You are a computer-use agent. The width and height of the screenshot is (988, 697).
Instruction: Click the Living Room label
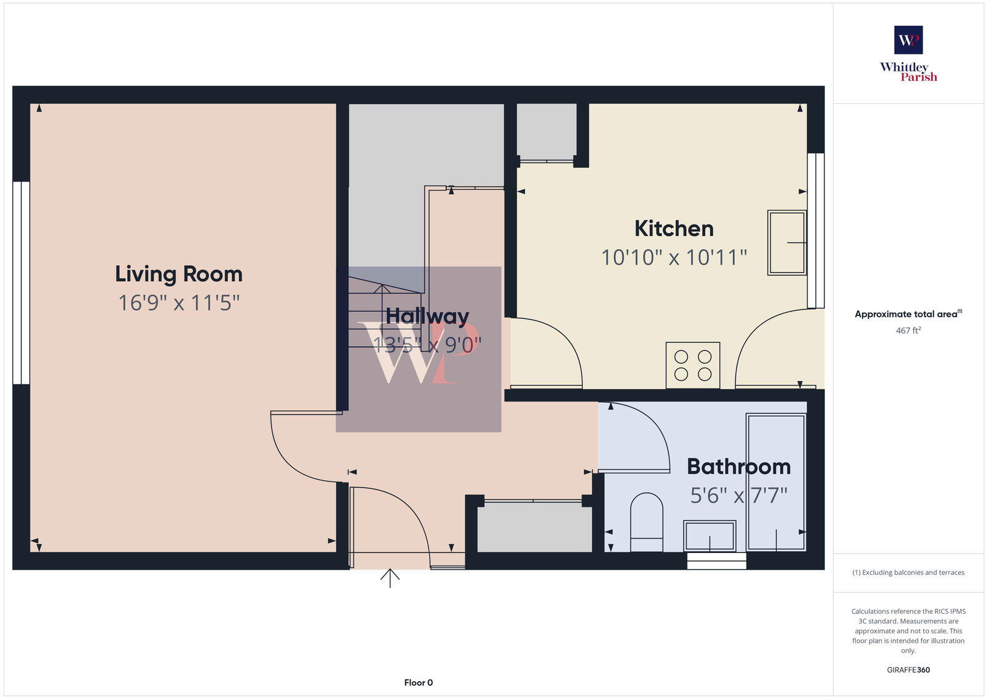[178, 274]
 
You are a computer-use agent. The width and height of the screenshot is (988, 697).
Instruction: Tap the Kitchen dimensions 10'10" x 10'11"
[674, 257]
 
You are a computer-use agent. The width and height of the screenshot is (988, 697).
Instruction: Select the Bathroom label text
[739, 467]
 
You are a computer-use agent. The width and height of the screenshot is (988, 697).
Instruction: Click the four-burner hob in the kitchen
[693, 365]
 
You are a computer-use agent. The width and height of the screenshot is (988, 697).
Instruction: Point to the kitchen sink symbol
[787, 243]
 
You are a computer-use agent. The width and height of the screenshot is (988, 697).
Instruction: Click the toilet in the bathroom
[647, 522]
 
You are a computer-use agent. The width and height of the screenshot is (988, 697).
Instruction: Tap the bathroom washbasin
[710, 535]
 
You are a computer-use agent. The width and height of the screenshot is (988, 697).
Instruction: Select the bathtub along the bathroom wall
[776, 482]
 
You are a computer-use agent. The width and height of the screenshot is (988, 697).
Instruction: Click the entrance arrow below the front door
[390, 578]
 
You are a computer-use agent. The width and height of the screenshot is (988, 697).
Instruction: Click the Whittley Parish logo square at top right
[908, 40]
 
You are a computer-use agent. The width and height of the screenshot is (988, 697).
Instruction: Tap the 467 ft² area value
[908, 331]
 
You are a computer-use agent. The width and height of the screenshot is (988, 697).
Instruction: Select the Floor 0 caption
[418, 683]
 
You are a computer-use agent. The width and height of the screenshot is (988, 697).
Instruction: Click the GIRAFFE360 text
[908, 670]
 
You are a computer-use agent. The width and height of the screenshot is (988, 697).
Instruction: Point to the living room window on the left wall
[21, 282]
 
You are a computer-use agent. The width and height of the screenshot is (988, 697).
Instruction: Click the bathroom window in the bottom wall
[716, 561]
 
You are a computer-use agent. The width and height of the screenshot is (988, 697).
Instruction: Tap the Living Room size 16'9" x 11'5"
[178, 303]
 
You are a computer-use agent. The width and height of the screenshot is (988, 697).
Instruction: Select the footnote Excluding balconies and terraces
[908, 572]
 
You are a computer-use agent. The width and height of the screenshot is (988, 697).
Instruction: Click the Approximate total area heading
[906, 314]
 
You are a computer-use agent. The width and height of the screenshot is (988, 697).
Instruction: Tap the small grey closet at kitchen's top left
[546, 130]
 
